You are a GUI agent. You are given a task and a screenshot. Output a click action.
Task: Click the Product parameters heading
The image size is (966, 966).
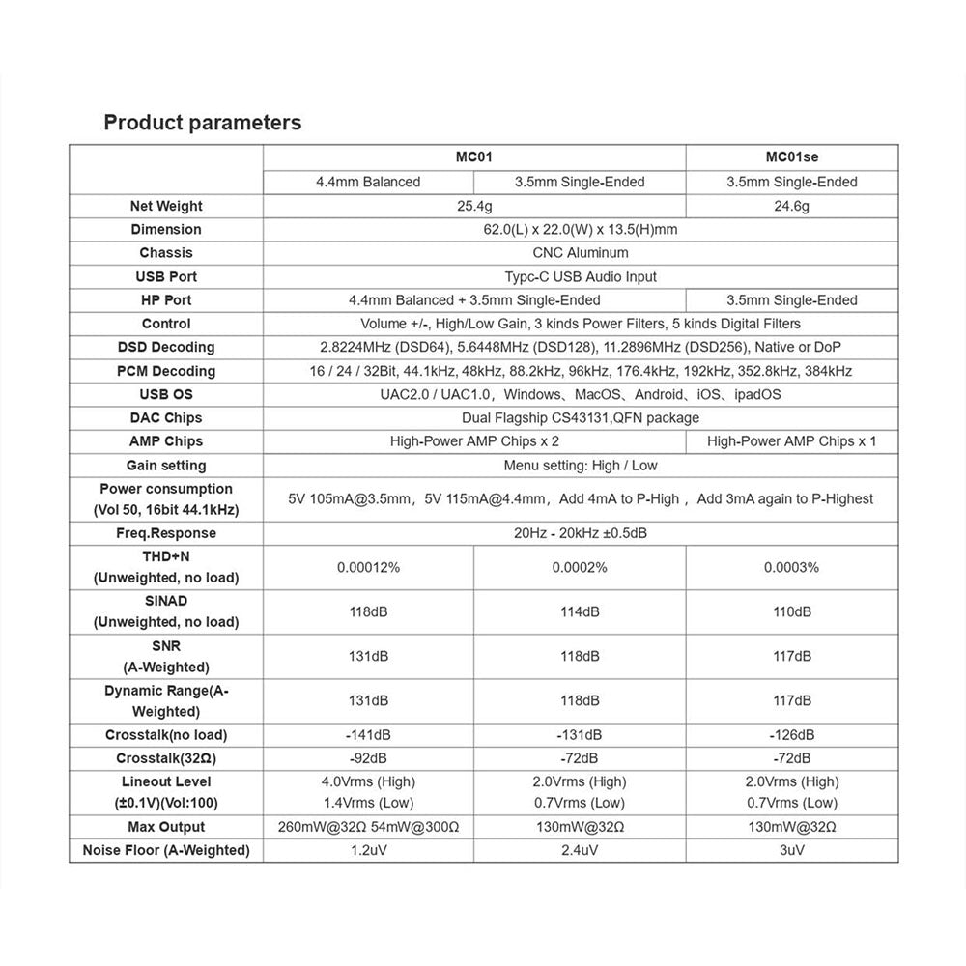pos(202,123)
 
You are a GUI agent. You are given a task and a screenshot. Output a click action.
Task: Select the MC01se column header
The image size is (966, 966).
pos(791,157)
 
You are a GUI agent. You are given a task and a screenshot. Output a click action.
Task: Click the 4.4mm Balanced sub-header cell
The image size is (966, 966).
pos(368,182)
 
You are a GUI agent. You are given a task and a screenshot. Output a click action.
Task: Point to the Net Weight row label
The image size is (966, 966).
pos(166,206)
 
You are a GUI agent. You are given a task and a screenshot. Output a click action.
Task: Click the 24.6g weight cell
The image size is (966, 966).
pos(791,206)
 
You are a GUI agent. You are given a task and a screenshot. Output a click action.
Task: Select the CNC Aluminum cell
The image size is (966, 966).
pos(580,253)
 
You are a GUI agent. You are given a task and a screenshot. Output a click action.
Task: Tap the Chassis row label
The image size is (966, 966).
pos(166,253)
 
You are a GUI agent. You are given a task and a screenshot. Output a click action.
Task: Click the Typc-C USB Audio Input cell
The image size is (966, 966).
pos(580,276)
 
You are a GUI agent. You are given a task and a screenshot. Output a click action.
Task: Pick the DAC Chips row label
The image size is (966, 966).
pos(166,418)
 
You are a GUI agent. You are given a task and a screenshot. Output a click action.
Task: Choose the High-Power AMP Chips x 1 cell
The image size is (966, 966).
pos(791,441)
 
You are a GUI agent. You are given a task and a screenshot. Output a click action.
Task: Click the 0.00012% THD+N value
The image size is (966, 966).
pos(368,567)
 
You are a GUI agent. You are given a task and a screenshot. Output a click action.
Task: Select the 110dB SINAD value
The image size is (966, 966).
pos(791,611)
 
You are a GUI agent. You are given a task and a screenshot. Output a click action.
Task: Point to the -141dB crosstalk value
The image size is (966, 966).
pos(368,735)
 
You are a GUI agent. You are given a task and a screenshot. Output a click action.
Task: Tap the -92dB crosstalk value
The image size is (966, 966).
pos(368,758)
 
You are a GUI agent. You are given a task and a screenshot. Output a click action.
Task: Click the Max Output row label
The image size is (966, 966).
pos(166,827)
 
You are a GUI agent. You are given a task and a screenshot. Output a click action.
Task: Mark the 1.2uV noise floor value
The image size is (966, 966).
pos(368,850)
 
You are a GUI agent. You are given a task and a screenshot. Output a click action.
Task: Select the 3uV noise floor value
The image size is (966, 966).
pos(791,850)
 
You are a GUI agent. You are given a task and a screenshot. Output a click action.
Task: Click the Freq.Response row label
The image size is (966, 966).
pos(166,533)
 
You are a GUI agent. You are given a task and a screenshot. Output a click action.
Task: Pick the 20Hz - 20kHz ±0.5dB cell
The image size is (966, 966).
pos(580,533)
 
